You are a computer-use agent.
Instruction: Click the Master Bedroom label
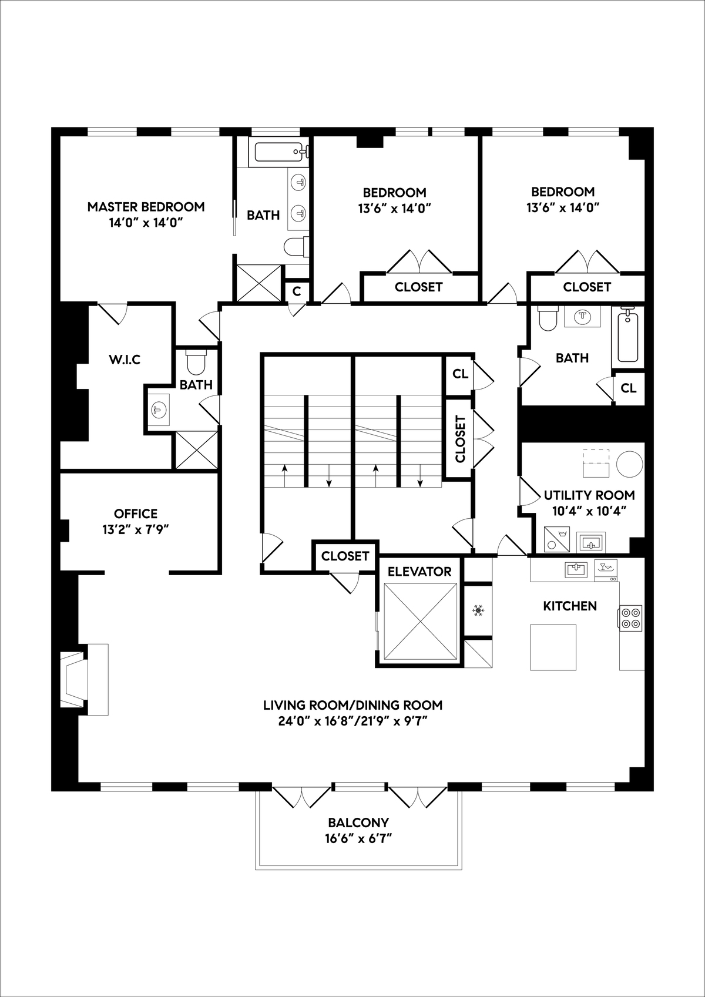(x=146, y=206)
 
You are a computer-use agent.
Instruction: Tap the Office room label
(x=136, y=513)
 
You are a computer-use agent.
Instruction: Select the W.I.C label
(x=125, y=359)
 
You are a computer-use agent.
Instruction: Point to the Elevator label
(x=419, y=572)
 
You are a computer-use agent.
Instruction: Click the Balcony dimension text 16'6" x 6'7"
(x=358, y=838)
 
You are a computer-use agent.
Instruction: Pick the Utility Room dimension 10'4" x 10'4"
(x=589, y=511)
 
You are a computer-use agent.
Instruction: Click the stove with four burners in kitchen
(x=630, y=619)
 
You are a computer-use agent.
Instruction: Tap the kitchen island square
(x=553, y=647)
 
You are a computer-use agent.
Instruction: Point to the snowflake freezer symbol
(x=478, y=611)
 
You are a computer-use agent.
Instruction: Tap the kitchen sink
(x=577, y=569)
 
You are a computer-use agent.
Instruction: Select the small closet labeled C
(x=297, y=291)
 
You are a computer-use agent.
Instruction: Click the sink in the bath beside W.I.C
(x=157, y=409)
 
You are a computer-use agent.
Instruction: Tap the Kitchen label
(x=570, y=606)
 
